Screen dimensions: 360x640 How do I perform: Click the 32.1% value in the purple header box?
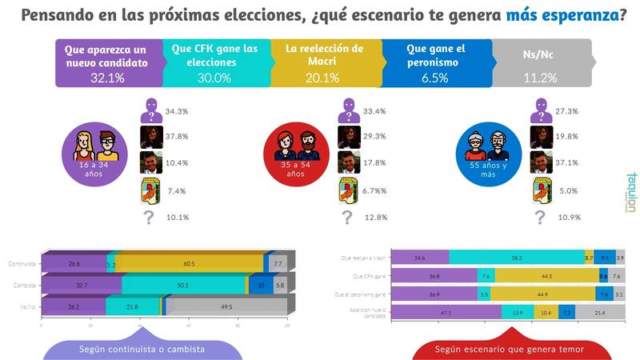tap(108, 78)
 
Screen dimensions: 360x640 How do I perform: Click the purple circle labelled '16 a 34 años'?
tap(95, 156)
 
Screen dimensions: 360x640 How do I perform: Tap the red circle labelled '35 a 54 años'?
tap(295, 156)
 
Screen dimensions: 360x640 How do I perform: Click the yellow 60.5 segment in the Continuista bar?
tap(189, 262)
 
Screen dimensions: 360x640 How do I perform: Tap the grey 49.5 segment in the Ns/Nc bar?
tap(226, 307)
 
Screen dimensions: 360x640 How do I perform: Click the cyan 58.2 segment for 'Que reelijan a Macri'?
tap(517, 258)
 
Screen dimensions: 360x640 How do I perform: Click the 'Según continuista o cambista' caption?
tap(142, 350)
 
